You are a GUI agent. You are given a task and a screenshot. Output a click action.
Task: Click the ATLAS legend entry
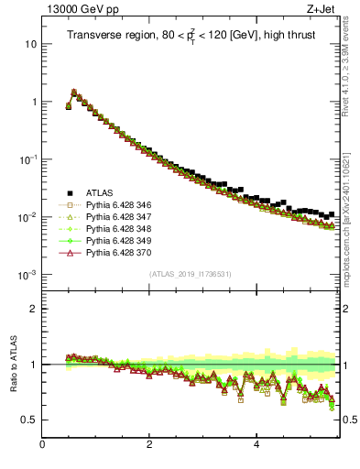point(100,192)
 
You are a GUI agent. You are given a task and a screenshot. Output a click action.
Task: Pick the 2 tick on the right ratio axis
point(346,309)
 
